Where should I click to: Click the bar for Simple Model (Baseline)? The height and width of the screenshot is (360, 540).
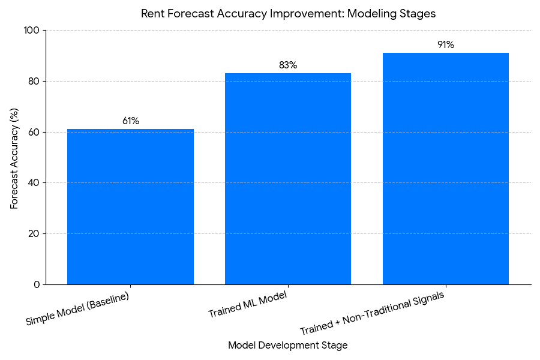[x=130, y=206]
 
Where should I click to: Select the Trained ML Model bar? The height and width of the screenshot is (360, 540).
[x=288, y=179]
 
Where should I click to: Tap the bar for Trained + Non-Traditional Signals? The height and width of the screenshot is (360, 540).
[x=446, y=169]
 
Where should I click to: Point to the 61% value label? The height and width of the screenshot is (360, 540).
[x=131, y=121]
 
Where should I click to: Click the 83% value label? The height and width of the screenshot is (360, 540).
[x=288, y=65]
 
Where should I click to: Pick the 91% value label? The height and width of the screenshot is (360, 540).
[x=446, y=44]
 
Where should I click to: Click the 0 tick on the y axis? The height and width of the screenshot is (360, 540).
[x=36, y=284]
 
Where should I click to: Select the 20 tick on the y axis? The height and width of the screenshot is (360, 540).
[x=34, y=233]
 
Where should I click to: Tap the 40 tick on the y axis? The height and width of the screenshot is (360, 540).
[x=34, y=183]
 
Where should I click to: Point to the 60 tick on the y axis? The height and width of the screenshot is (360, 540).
[x=34, y=132]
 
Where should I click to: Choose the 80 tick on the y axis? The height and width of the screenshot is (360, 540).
[x=34, y=81]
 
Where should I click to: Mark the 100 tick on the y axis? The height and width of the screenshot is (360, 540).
[x=31, y=31]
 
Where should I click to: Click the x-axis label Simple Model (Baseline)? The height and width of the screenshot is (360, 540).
[x=78, y=308]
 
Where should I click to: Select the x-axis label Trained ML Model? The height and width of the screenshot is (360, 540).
[x=247, y=305]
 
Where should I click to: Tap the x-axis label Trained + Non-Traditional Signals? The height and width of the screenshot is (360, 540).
[x=372, y=314]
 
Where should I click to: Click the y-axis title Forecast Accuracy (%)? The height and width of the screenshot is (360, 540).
[x=14, y=157]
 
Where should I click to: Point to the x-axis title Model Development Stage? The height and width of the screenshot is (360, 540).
[x=288, y=346]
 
